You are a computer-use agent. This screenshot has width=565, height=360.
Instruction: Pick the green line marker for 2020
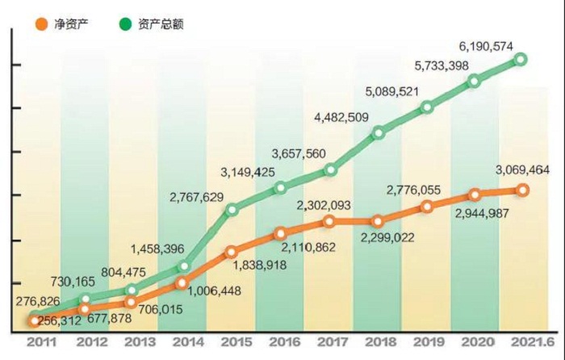pyautogui.click(x=474, y=81)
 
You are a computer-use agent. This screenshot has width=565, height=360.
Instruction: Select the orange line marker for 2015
pyautogui.click(x=231, y=252)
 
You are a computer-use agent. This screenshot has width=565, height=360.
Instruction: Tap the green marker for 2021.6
pyautogui.click(x=522, y=59)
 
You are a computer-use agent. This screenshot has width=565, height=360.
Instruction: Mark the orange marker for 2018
pyautogui.click(x=378, y=221)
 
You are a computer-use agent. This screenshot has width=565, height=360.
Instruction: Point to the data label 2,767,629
pyautogui.click(x=199, y=197)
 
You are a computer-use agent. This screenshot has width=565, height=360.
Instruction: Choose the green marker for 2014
pyautogui.click(x=183, y=266)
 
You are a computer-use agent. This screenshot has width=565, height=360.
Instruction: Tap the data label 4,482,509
pyautogui.click(x=341, y=118)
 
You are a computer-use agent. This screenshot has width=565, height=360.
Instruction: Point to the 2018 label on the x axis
pyautogui.click(x=378, y=342)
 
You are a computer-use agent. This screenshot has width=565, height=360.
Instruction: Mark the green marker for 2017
pyautogui.click(x=329, y=170)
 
